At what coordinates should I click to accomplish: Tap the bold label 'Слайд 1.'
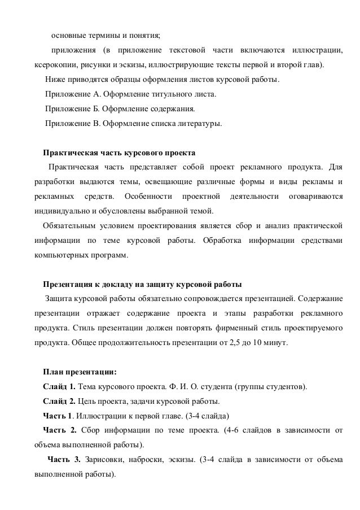59,387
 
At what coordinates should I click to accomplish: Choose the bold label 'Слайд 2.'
59,402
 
